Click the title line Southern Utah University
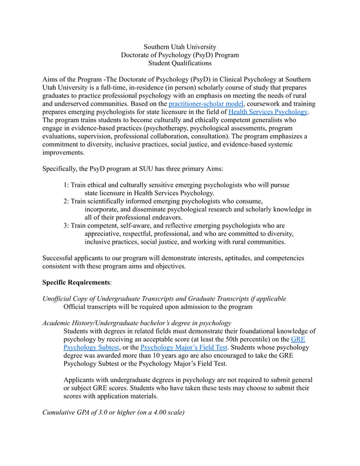(180, 47)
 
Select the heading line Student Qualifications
(180, 64)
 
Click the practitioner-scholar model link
(206, 104)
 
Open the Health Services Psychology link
(268, 112)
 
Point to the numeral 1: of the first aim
(67, 185)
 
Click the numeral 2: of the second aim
(67, 201)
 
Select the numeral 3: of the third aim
(67, 226)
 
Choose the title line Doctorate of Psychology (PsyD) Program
(180, 55)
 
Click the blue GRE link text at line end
(298, 340)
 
